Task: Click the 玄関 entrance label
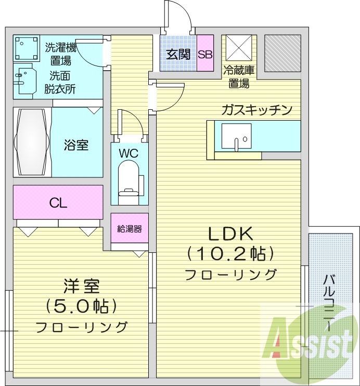pos(178,55)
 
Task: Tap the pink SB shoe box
pos(205,55)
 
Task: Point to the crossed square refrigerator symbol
pos(237,50)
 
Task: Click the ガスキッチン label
pos(256,110)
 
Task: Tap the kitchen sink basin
pos(236,137)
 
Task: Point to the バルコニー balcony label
pos(329,302)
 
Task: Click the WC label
pos(128,154)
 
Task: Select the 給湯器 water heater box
pos(130,228)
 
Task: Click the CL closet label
pos(58,203)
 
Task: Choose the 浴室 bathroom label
pos(76,145)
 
